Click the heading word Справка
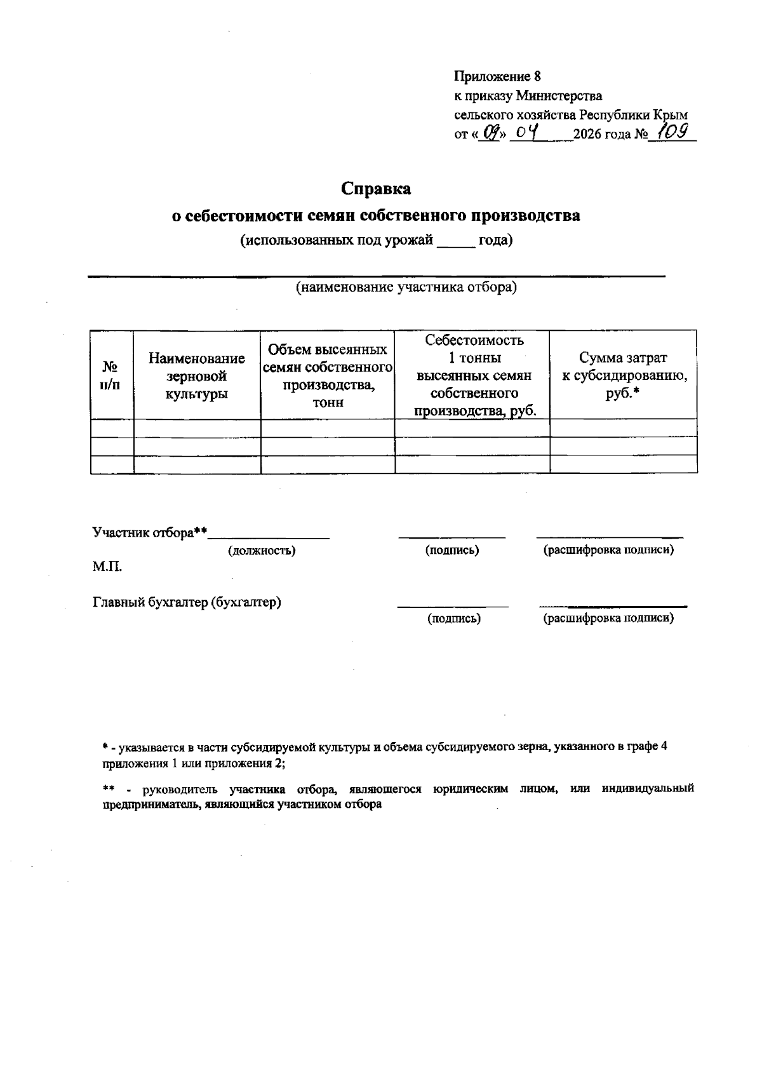376,189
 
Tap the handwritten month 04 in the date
528,133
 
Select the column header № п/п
111,375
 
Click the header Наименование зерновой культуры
197,376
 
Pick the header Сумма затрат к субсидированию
623,375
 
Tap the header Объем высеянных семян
328,375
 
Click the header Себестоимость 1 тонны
474,375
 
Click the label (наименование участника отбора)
406,288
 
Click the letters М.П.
107,567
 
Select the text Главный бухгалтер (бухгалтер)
187,602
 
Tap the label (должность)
262,551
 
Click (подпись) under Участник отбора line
451,550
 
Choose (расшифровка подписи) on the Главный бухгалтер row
608,617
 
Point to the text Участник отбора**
150,532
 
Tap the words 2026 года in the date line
601,135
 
